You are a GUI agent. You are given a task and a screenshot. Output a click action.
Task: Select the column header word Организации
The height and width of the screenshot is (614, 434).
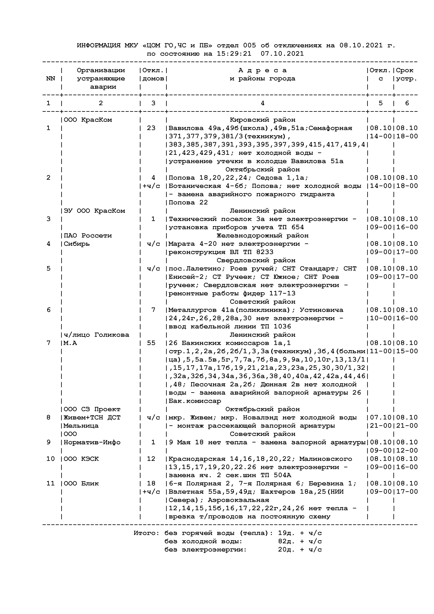tap(101, 70)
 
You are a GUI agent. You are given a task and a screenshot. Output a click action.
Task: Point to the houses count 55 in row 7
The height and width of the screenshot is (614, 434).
tap(151, 343)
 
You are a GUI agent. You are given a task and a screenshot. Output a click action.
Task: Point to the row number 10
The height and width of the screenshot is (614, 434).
tap(50, 459)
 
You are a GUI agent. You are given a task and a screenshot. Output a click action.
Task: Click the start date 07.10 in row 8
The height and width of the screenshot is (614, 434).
tap(381, 417)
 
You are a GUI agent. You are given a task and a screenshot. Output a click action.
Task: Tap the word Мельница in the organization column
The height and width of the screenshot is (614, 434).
tap(81, 426)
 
